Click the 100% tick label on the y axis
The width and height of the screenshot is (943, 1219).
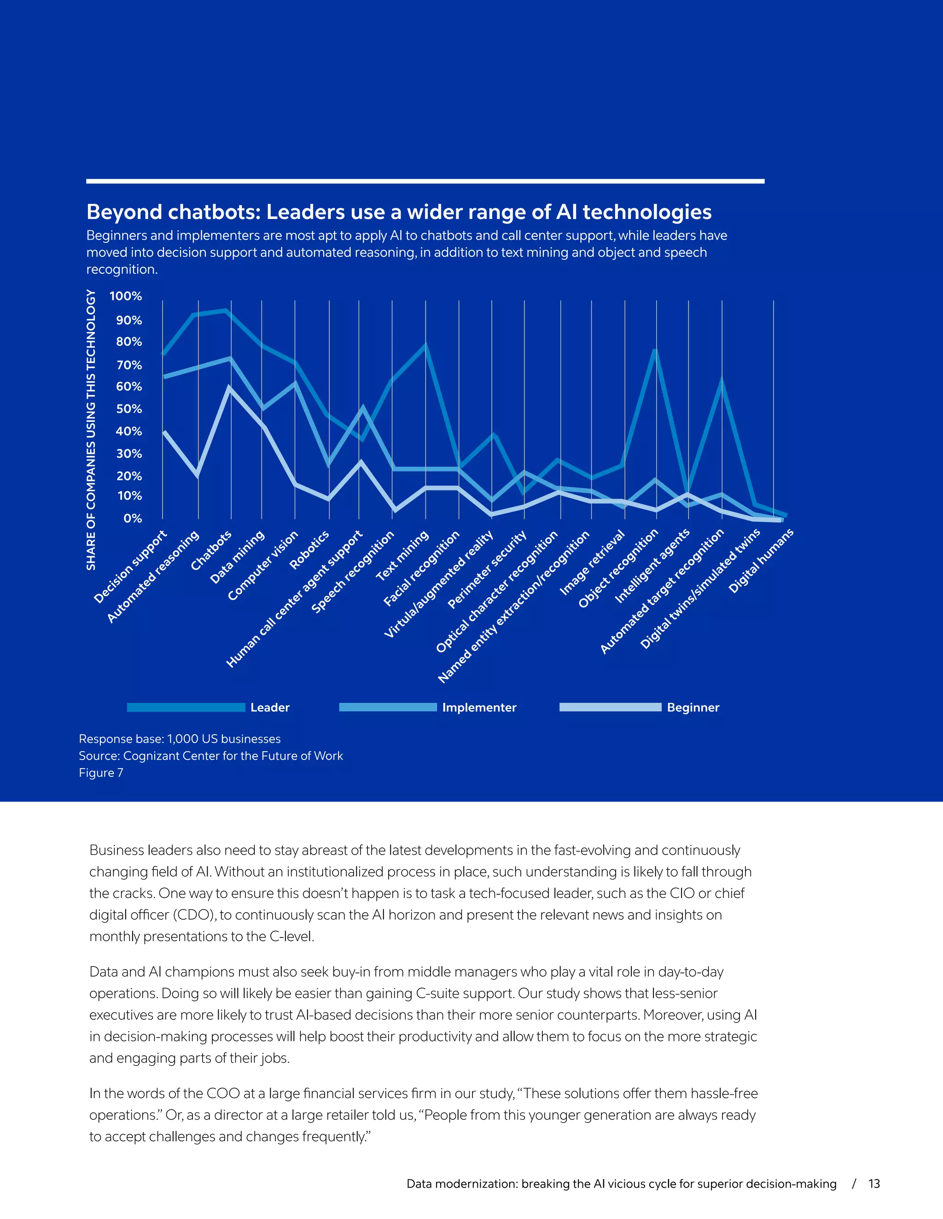pos(126,296)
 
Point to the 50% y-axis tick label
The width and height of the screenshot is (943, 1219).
pos(128,409)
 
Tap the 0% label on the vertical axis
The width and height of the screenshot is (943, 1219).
pos(133,518)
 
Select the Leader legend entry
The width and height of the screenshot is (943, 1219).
pos(270,708)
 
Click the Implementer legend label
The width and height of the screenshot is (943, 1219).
pos(479,708)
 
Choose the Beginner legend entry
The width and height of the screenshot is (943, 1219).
pos(693,708)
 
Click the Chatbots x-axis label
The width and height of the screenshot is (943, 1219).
pos(212,551)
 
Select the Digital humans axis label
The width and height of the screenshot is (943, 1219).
pos(761,560)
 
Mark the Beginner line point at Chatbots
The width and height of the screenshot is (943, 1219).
pos(229,387)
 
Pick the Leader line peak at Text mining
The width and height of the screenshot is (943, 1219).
pos(426,345)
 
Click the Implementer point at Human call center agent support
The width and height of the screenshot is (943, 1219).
pos(362,408)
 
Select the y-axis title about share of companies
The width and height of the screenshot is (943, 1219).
pos(91,430)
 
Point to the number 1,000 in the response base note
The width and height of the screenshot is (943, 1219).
pos(183,739)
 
